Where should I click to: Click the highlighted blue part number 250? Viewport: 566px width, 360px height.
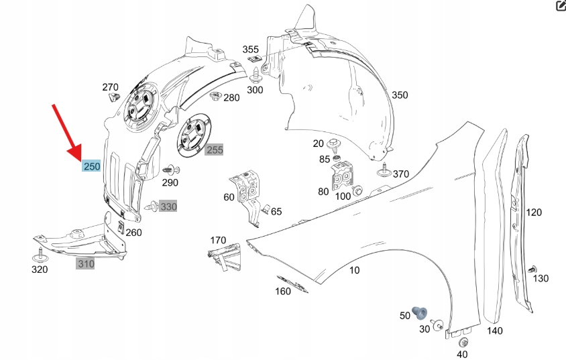click(x=91, y=166)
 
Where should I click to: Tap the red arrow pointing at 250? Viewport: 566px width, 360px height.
click(x=67, y=131)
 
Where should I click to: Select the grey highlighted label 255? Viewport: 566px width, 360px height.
click(x=215, y=150)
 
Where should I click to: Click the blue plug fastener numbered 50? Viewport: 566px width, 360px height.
click(x=421, y=312)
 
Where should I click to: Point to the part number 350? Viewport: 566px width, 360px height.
click(x=400, y=95)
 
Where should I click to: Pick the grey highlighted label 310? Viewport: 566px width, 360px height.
click(x=86, y=264)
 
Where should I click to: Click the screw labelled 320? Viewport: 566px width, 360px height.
click(x=40, y=254)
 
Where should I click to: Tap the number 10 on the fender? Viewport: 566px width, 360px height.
click(x=354, y=270)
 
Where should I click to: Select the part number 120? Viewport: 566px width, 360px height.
click(x=534, y=213)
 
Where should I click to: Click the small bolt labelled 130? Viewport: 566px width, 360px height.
click(x=534, y=268)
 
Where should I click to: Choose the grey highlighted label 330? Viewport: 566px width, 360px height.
click(x=168, y=207)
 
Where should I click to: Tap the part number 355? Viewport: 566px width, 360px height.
click(x=250, y=50)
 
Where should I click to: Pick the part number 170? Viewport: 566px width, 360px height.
click(x=219, y=240)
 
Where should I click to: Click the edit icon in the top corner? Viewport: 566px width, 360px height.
click(x=561, y=6)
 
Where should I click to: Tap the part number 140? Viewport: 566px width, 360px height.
click(x=494, y=331)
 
